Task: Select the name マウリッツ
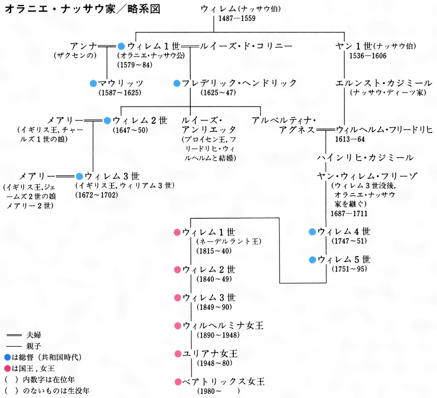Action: tap(119, 83)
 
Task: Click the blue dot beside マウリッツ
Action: tap(93, 83)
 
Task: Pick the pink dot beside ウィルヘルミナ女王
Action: tap(177, 325)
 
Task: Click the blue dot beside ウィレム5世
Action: tap(313, 260)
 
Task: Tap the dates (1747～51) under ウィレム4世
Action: tap(348, 241)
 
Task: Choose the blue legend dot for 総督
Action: tap(7, 357)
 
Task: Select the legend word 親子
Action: tap(33, 346)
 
